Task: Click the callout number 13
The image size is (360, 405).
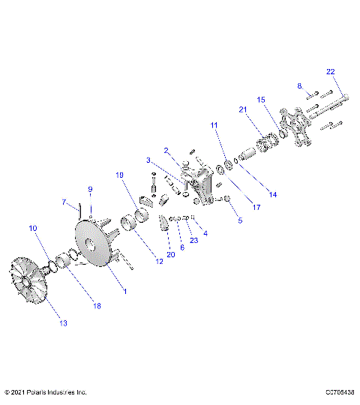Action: (63, 323)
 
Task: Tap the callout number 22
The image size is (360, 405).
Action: (330, 71)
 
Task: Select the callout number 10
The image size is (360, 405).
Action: (32, 227)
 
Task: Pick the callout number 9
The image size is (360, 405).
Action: (90, 189)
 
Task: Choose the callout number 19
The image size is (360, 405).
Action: (120, 175)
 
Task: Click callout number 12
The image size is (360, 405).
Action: (158, 261)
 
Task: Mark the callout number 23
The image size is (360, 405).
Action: (193, 240)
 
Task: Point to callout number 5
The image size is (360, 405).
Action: (240, 221)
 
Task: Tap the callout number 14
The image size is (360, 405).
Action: (272, 194)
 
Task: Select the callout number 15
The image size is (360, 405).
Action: (261, 99)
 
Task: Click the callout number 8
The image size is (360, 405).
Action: (298, 85)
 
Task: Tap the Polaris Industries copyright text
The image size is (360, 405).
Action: (46, 391)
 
